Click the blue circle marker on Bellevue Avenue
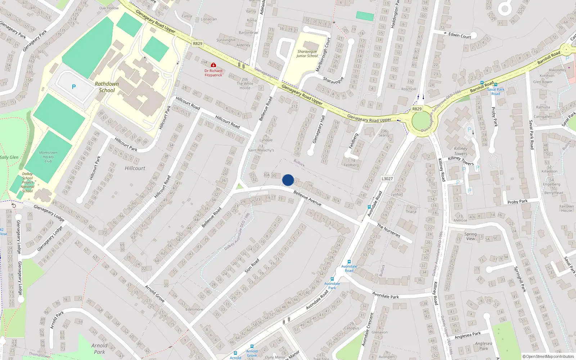click(x=288, y=180)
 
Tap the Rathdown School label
click(x=107, y=87)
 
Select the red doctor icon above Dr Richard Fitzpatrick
click(x=213, y=65)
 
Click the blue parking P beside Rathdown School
click(x=74, y=87)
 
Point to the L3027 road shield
click(x=387, y=179)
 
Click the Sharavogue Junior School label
click(x=307, y=54)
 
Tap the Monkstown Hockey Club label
click(x=48, y=157)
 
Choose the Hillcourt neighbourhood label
click(x=135, y=168)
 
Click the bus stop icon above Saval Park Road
click(x=482, y=83)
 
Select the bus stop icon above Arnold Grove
click(x=252, y=346)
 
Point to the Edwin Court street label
click(x=459, y=35)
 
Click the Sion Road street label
click(x=252, y=266)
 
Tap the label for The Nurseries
click(x=388, y=230)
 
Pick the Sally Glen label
click(x=9, y=157)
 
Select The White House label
click(x=245, y=84)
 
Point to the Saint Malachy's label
click(x=261, y=150)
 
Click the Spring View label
click(x=470, y=236)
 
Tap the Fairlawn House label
click(x=566, y=208)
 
